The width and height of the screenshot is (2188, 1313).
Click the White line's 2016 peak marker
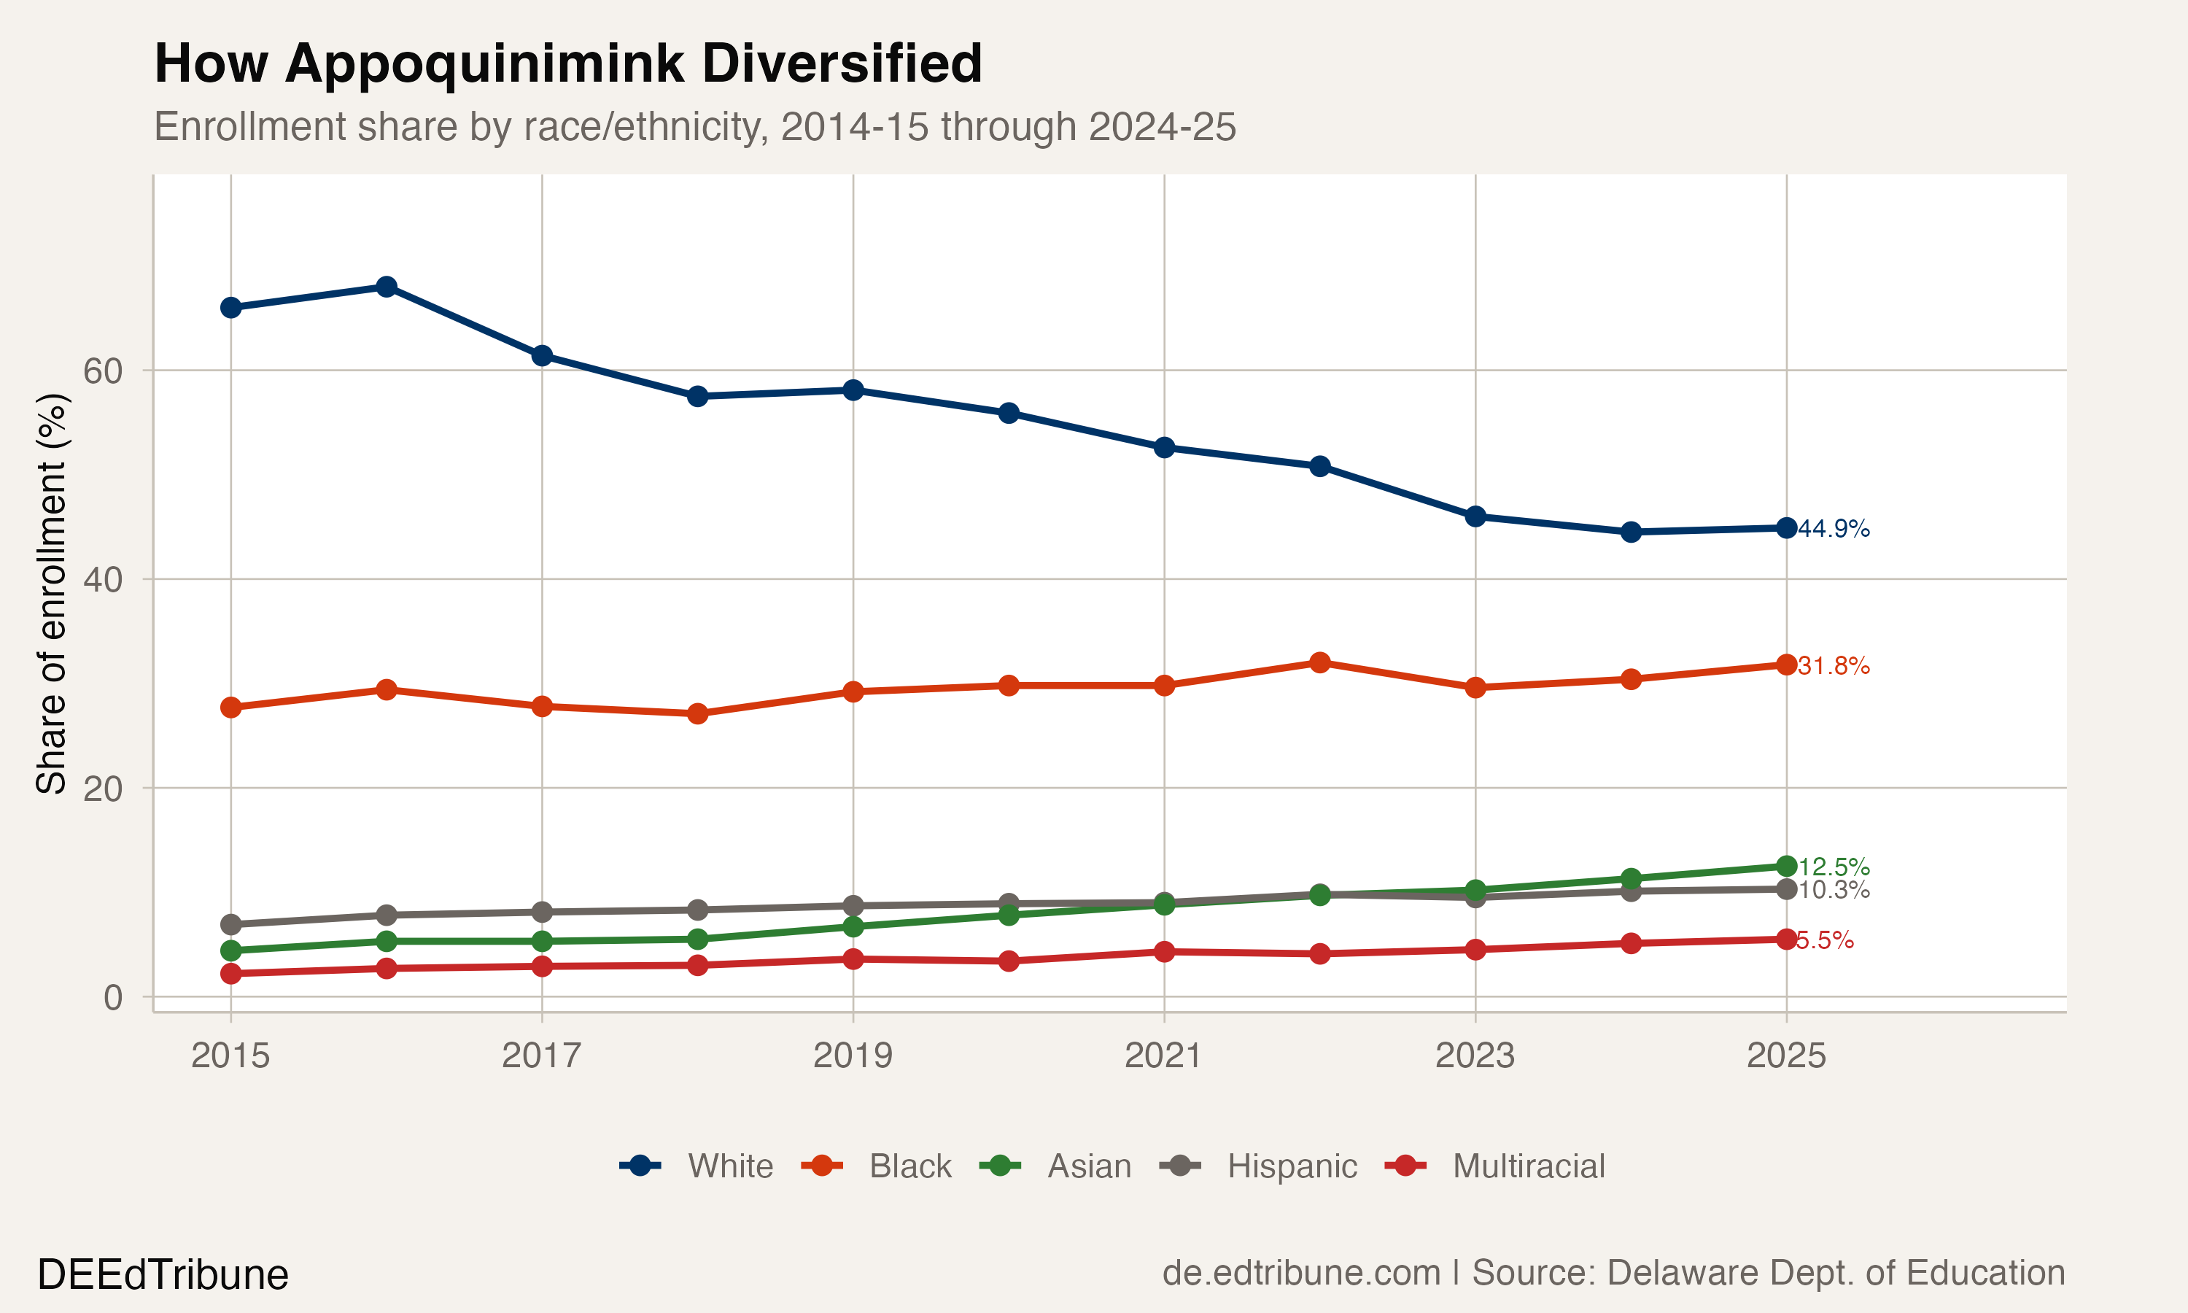click(387, 287)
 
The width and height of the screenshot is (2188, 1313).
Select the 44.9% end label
click(1834, 529)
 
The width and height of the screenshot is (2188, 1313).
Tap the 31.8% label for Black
click(1834, 666)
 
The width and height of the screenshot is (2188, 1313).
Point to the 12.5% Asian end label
click(1834, 867)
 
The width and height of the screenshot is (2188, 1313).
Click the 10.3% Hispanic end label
click(1834, 890)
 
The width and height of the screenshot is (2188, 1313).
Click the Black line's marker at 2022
click(1319, 662)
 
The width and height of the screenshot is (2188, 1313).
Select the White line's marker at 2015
click(230, 308)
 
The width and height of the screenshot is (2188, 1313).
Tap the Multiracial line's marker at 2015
click(230, 973)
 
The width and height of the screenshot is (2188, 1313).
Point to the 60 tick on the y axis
click(103, 371)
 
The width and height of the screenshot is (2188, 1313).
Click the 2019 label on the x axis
click(853, 1056)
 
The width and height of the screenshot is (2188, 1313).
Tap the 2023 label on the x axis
click(1474, 1056)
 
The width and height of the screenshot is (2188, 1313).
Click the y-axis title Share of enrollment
click(51, 593)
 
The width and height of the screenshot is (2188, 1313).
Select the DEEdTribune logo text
click(163, 1275)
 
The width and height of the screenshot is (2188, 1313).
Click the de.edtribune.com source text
click(1301, 1273)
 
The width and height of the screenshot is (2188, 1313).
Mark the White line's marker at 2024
click(1631, 532)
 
